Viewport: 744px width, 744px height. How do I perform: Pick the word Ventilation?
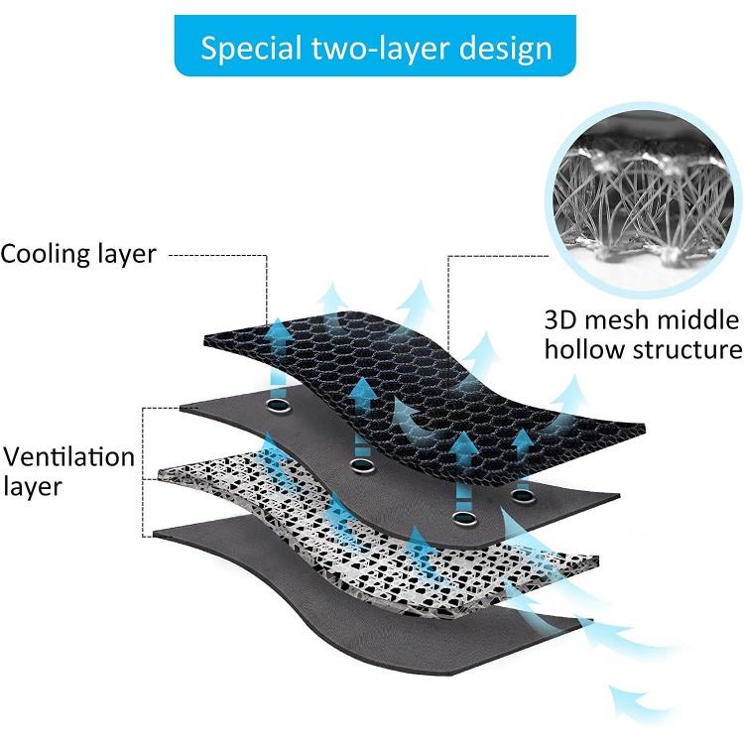[67, 457]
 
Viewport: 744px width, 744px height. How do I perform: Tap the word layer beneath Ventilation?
[33, 487]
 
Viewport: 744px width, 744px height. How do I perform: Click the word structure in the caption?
[687, 349]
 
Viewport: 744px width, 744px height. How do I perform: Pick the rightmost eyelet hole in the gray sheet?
[522, 493]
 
